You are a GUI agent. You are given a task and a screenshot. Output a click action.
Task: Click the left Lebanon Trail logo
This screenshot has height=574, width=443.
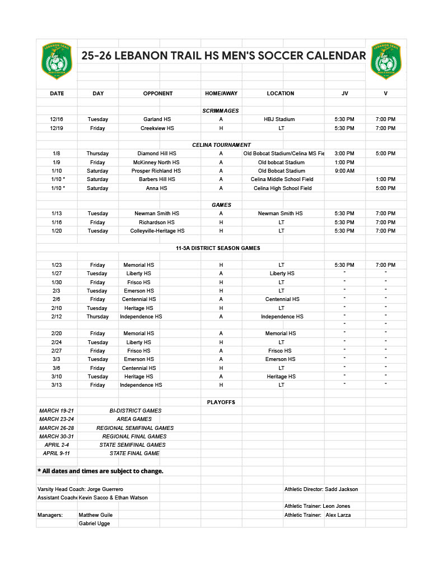point(57,61)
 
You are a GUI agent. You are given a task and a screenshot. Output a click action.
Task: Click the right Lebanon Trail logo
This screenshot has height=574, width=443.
point(386,61)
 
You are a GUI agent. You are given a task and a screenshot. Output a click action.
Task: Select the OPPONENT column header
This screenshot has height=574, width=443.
point(158,94)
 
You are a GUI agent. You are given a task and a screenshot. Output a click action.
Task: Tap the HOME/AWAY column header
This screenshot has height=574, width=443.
point(221,94)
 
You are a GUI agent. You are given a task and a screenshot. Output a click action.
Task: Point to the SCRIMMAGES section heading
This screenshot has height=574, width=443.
point(221,111)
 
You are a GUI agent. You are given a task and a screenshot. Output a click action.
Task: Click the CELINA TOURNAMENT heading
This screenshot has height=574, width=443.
point(221,145)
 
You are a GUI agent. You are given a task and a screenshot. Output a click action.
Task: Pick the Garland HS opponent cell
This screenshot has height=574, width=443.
point(157,119)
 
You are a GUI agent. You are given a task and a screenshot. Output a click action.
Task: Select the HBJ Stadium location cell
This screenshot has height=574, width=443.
point(279,119)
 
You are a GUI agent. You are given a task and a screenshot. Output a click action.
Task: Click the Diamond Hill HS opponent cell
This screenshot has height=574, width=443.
point(157,154)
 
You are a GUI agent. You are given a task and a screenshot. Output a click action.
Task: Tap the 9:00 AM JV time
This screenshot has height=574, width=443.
point(344,171)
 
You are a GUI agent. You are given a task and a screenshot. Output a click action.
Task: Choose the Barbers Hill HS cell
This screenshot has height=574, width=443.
point(157,179)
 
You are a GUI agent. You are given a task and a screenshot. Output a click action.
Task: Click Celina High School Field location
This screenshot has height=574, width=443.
point(282,188)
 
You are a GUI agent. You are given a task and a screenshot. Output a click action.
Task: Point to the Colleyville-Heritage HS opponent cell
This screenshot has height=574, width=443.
point(157,231)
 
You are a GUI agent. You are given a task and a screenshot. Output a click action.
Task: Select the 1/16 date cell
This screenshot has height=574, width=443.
point(57,223)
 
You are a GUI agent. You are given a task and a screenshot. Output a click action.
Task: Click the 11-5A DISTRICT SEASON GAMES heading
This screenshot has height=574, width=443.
point(218,248)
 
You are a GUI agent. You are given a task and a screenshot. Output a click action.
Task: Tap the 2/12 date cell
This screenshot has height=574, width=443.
point(57,317)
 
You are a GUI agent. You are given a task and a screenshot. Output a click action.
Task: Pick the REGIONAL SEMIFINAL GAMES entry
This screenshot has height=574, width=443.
point(135,428)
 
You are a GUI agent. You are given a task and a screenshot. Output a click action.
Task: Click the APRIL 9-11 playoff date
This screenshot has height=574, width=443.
point(57,453)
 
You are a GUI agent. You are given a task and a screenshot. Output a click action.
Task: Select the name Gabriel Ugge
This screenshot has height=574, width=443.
point(95,524)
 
